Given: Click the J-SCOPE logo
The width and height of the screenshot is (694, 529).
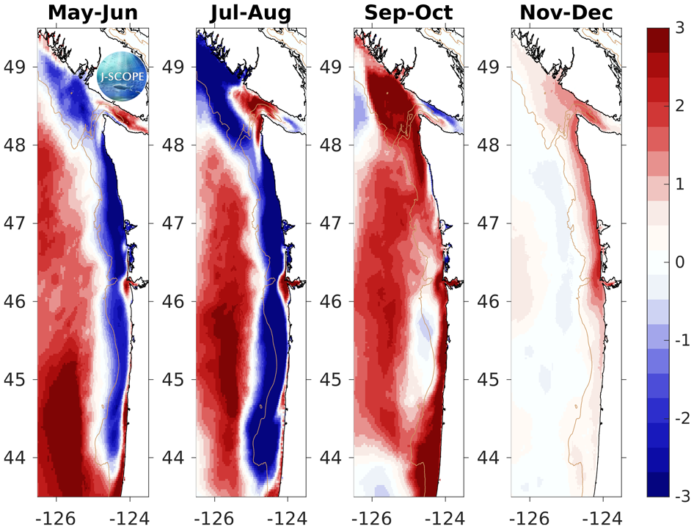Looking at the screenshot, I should [x=121, y=76].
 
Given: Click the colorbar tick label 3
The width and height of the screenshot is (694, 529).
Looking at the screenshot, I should [x=682, y=28].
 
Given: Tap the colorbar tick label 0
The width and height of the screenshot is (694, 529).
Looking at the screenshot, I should [x=682, y=262].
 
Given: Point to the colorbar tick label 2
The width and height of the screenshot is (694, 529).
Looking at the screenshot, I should [x=682, y=106].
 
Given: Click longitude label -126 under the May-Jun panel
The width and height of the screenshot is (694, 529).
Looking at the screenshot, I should [x=55, y=515].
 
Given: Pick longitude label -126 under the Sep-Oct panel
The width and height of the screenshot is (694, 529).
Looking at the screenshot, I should [x=370, y=515].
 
